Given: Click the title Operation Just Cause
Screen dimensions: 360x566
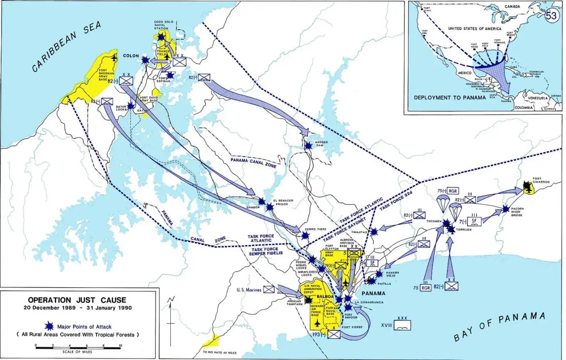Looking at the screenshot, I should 77,300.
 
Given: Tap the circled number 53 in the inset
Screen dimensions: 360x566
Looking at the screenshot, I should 551,16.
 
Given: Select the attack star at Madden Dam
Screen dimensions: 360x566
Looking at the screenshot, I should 308,146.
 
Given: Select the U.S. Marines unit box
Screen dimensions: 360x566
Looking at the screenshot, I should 268,290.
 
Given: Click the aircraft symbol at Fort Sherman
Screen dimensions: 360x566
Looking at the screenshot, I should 114,57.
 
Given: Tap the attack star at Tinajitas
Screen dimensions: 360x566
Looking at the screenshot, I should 374,231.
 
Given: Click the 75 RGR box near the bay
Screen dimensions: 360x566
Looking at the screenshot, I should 425,288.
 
